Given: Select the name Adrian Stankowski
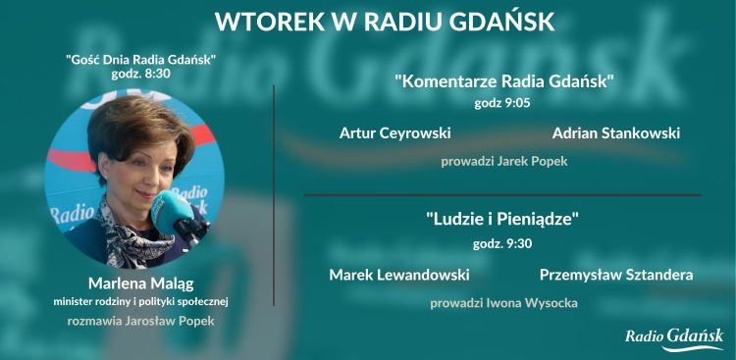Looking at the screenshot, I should tap(615, 132).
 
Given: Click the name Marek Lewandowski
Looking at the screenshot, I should tap(398, 275).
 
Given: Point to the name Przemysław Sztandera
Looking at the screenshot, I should tap(615, 275).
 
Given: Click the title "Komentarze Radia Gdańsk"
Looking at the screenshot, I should tap(504, 81).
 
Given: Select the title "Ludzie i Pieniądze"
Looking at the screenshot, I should tap(503, 220).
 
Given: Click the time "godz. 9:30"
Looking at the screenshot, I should tap(503, 241).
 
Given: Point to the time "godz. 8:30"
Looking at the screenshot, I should tap(140, 74).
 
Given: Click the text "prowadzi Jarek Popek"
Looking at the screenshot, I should tap(504, 161).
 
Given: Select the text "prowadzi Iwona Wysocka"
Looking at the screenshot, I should tap(503, 303).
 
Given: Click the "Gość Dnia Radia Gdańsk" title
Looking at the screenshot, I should tap(140, 59).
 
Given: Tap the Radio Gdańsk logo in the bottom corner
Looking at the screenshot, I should tap(674, 338).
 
